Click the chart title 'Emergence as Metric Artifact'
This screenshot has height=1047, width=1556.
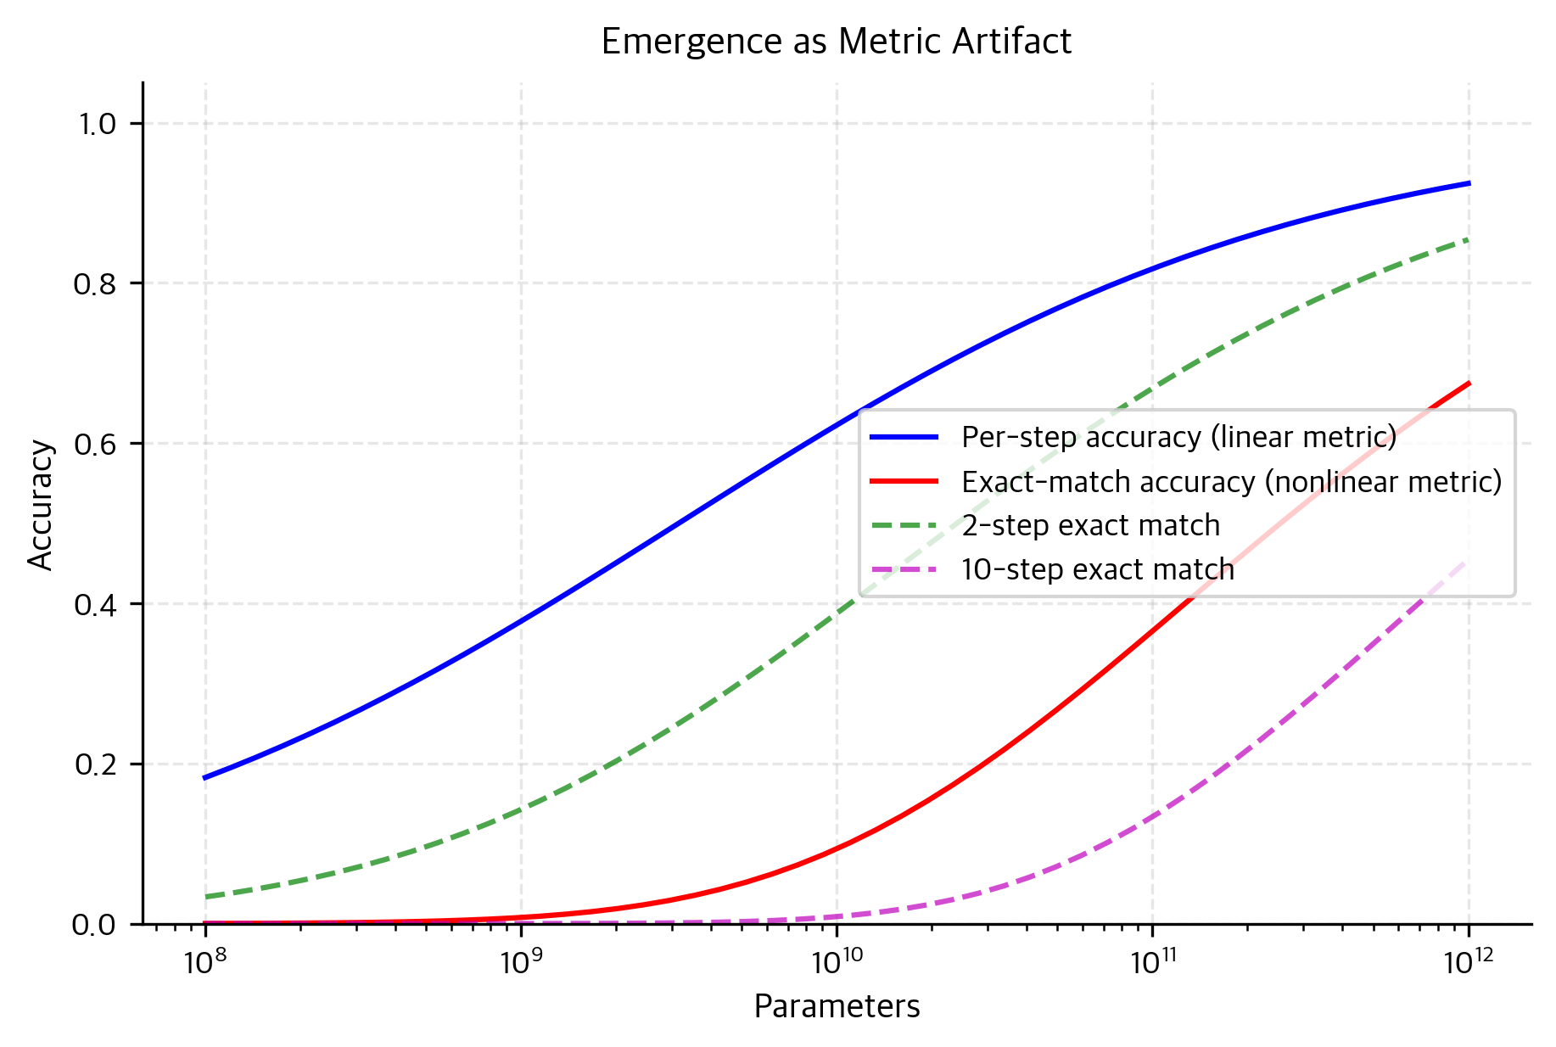pos(836,42)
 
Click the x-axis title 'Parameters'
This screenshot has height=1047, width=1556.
pos(836,1006)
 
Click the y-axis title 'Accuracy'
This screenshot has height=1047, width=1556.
pos(41,504)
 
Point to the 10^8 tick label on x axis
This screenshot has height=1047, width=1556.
pos(204,961)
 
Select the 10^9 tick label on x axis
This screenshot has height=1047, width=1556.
pos(519,961)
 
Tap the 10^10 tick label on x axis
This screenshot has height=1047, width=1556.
pos(836,961)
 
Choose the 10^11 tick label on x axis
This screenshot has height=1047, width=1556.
pos(1151,961)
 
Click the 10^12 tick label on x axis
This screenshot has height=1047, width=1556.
pos(1468,961)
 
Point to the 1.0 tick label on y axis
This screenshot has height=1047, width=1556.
pos(96,124)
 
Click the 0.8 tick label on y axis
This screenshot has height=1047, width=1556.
pos(96,283)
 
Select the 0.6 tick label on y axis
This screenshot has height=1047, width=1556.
pos(96,444)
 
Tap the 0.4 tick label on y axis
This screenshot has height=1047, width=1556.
pos(96,604)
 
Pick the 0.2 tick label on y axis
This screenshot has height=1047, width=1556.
pos(96,764)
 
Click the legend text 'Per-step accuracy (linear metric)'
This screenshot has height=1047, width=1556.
pos(1178,437)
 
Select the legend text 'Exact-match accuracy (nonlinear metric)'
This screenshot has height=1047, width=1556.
pos(1231,481)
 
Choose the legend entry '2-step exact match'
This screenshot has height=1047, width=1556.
pos(1090,525)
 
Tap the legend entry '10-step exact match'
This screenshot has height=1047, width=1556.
pos(1097,569)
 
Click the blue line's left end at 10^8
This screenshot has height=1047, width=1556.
pos(205,777)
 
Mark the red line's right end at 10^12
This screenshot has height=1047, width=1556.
pos(1469,384)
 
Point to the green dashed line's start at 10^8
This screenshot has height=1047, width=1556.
pos(205,897)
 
